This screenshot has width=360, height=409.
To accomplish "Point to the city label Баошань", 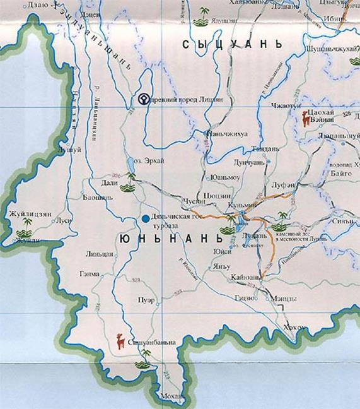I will click(x=98, y=197).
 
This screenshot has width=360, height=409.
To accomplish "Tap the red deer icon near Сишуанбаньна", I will click(x=120, y=341).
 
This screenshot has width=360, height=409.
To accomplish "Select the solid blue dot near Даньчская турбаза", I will click(x=146, y=218).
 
